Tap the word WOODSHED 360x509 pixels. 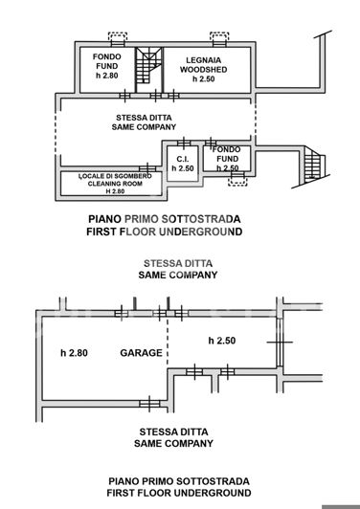pyautogui.click(x=203, y=69)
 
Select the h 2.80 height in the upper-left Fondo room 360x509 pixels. pyautogui.click(x=105, y=76)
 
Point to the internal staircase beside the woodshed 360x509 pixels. pyautogui.click(x=147, y=67)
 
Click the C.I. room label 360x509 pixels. pyautogui.click(x=182, y=157)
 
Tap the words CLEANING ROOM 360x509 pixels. pyautogui.click(x=115, y=183)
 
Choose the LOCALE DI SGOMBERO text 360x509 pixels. pyautogui.click(x=115, y=174)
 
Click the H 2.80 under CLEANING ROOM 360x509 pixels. pyautogui.click(x=115, y=191)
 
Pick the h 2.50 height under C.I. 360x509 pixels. pyautogui.click(x=182, y=168)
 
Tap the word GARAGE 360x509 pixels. pyautogui.click(x=141, y=352)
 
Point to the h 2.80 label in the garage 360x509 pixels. pyautogui.click(x=74, y=352)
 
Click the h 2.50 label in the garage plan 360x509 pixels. pyautogui.click(x=222, y=340)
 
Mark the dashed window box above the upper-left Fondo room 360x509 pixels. pyautogui.click(x=118, y=37)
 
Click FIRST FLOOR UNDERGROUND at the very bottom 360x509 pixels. pyautogui.click(x=180, y=492)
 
